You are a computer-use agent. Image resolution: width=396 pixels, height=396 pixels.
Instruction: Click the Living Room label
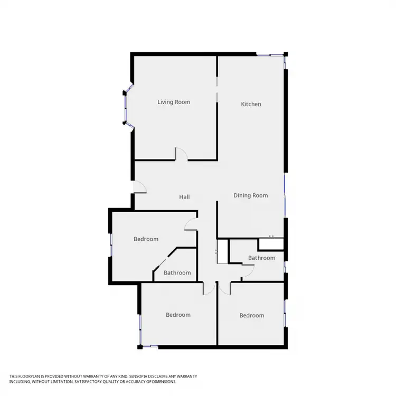coord(174,102)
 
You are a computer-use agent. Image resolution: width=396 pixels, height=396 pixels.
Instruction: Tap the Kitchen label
coord(251,104)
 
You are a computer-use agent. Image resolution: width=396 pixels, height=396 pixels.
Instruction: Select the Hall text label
coord(184,197)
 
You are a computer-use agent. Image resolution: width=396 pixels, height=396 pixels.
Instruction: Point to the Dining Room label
coord(251,195)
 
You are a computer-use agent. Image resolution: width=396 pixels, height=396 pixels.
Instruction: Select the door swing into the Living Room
coord(181,154)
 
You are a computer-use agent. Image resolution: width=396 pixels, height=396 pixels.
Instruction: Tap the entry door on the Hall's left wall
coord(139,187)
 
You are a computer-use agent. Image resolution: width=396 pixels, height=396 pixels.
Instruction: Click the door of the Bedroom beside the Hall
coord(191,225)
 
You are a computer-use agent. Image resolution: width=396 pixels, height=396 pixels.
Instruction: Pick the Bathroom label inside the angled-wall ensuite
coord(177,273)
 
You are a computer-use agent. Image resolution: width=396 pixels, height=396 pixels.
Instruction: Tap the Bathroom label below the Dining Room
coord(262,258)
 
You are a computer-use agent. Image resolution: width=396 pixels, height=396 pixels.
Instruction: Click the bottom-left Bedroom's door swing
coord(209,288)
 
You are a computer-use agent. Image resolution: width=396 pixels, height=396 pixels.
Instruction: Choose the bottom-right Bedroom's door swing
coord(225,288)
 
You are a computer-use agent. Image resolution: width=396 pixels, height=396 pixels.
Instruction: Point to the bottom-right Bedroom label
coord(251,315)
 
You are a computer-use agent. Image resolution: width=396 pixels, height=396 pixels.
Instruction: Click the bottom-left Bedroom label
coord(178,315)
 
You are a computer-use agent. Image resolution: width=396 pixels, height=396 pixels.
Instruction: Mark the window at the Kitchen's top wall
coord(269,54)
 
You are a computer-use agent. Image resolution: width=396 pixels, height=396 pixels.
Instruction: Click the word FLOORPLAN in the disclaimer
coord(31,376)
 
